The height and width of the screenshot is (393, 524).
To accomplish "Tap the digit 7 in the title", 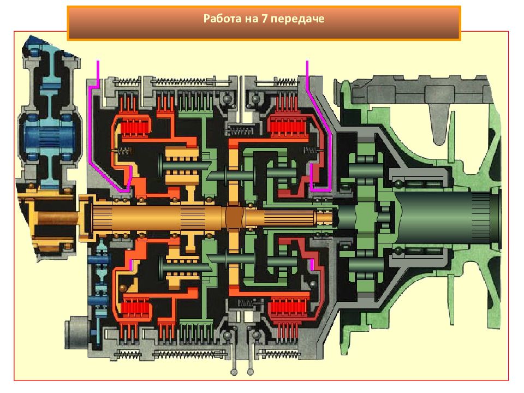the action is (x=264, y=18).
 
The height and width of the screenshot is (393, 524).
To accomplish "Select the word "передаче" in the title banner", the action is (x=297, y=19).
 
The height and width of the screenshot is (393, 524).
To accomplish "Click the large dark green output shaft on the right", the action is (x=444, y=217).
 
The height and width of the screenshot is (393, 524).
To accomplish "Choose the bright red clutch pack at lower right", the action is (x=288, y=309).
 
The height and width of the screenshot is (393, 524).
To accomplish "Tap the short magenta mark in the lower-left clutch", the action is (x=130, y=265).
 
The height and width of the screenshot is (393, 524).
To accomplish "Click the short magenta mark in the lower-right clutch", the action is (x=312, y=264).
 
